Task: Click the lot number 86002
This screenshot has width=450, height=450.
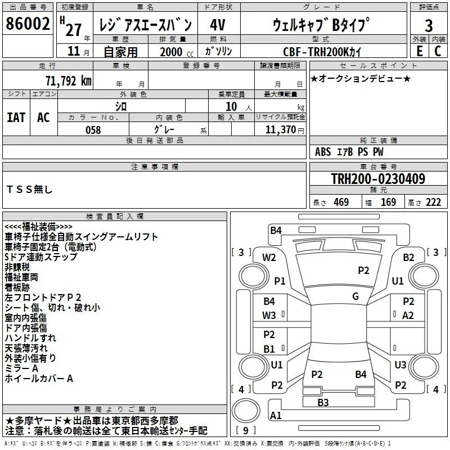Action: [27, 24]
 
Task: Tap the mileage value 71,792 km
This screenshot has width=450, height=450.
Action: [67, 80]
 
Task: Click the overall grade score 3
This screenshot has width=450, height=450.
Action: [429, 25]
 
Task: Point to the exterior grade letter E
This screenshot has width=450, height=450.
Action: [419, 51]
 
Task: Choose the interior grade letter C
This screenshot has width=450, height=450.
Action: [438, 51]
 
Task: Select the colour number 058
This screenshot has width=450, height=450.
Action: [93, 130]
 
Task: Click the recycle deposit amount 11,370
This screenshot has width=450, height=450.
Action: [280, 130]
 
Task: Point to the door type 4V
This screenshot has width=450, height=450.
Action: [218, 25]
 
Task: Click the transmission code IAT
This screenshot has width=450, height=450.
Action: [16, 117]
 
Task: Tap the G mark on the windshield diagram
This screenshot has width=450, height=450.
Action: [355, 296]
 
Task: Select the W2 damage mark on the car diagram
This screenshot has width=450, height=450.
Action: [269, 258]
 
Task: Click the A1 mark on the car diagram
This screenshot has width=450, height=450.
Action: [276, 416]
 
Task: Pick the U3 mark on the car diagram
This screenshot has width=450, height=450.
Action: [400, 365]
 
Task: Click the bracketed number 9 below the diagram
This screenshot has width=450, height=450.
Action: [245, 430]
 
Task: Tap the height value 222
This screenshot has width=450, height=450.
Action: [433, 202]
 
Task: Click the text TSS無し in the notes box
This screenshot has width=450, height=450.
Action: [29, 190]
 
